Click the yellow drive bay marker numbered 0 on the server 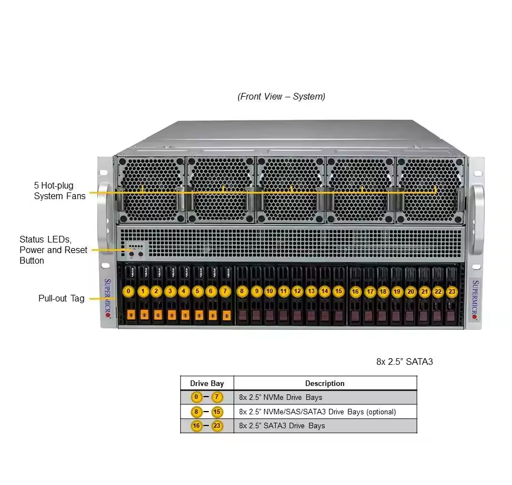click(x=129, y=291)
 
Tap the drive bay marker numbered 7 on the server click(x=225, y=291)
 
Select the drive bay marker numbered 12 click(x=297, y=291)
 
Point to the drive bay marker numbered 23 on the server click(x=451, y=291)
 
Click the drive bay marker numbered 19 click(x=397, y=291)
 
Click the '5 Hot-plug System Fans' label click(x=59, y=190)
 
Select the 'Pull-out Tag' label click(x=61, y=298)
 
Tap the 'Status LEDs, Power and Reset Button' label click(x=53, y=250)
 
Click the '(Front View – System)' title click(x=281, y=96)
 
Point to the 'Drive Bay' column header click(x=207, y=383)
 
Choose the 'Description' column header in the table click(x=325, y=383)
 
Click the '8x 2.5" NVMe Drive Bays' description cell click(x=281, y=398)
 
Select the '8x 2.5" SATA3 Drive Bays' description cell click(x=282, y=426)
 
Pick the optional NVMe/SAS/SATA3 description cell click(x=317, y=412)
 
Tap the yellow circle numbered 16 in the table click(x=196, y=426)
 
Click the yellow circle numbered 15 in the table click(x=217, y=412)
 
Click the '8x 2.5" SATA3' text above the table click(x=404, y=362)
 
